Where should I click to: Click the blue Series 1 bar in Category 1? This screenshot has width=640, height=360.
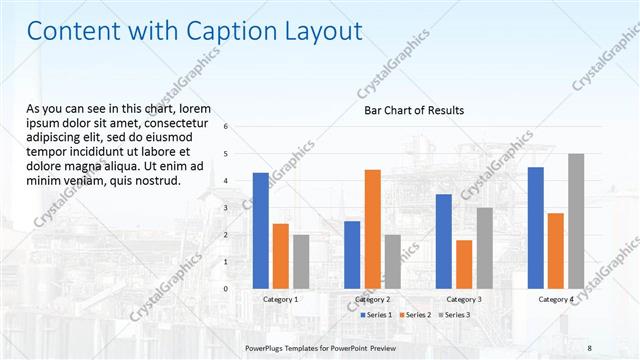(x=260, y=230)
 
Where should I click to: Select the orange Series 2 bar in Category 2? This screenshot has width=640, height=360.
(x=372, y=228)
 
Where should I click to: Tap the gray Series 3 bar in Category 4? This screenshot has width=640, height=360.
(x=576, y=221)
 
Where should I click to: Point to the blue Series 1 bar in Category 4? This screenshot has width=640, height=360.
(x=535, y=227)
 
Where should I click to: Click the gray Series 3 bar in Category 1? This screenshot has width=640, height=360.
(x=301, y=261)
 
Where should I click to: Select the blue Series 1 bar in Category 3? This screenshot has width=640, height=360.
(x=443, y=241)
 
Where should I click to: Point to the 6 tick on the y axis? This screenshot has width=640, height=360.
(x=226, y=127)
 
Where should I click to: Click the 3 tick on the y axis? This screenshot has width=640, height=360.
(x=226, y=208)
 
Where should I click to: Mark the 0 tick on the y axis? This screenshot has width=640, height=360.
(x=226, y=289)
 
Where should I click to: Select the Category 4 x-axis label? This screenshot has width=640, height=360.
(x=556, y=299)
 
